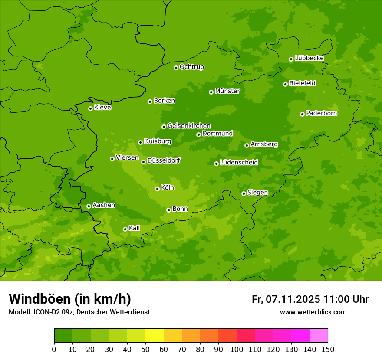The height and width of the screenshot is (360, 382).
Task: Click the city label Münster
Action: pos(227,91)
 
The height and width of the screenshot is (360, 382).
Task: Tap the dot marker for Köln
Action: pos(157,189)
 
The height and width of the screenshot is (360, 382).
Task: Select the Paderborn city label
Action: pos(321,113)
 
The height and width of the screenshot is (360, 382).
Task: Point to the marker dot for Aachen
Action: pos(89,206)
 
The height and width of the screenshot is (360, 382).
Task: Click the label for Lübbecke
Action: pos(309,58)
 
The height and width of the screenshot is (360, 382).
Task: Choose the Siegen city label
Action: pos(257,193)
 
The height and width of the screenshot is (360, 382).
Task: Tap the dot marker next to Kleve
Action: pos(90,108)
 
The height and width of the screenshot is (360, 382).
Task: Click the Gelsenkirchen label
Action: pos(189,126)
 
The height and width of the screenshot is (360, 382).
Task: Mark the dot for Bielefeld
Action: pos(285,84)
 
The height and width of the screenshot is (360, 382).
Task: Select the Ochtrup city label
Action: pos(191,67)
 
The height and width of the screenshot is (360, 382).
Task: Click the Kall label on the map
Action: pos(135,228)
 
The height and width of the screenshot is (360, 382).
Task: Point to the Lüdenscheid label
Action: pos(239,163)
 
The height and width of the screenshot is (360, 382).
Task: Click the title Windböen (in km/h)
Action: pos(70,299)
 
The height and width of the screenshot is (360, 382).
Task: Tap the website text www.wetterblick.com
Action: pos(313,312)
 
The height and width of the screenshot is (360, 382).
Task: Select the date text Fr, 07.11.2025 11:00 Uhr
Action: pos(310,299)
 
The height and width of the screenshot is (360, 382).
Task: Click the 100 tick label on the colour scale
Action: pos(237,350)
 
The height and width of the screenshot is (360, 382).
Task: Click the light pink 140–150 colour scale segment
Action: pos(319,336)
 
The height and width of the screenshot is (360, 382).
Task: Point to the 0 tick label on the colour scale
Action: pos(54,350)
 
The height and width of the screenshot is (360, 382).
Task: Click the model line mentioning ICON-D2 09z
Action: pos(79,312)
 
